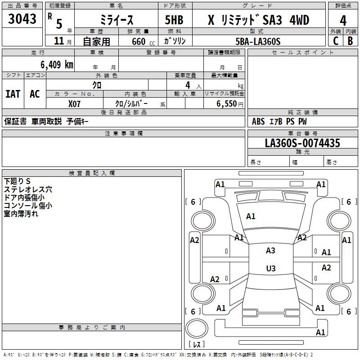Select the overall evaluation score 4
[343, 20]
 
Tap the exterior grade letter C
[335, 40]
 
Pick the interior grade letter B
[351, 40]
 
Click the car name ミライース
[116, 21]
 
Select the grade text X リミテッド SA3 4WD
[258, 21]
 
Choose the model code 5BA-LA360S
[258, 41]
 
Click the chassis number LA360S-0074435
[302, 143]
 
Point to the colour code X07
[75, 103]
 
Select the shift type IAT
[13, 94]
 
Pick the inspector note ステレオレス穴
[28, 189]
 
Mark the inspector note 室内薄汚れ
[21, 214]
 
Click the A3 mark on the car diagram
[270, 251]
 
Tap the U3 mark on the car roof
[270, 268]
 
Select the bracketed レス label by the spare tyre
[196, 345]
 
